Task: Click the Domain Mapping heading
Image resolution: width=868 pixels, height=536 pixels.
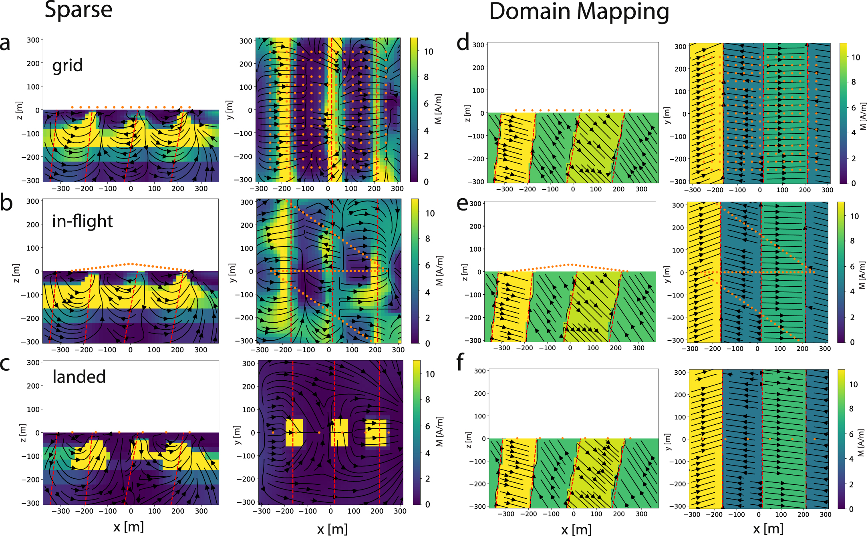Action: pyautogui.click(x=579, y=11)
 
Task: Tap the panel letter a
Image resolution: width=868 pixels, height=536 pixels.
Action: pyautogui.click(x=5, y=43)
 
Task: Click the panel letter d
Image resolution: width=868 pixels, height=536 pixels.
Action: pyautogui.click(x=463, y=42)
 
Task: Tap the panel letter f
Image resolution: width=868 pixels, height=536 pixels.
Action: pyautogui.click(x=460, y=362)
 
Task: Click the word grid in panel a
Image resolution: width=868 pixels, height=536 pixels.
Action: pyautogui.click(x=67, y=65)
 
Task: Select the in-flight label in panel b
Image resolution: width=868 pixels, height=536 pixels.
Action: pyautogui.click(x=83, y=221)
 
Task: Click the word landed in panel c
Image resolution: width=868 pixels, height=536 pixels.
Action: pyautogui.click(x=79, y=377)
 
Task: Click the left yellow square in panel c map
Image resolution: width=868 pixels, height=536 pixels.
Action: pyautogui.click(x=294, y=432)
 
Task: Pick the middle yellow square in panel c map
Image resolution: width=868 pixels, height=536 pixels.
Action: pyautogui.click(x=339, y=432)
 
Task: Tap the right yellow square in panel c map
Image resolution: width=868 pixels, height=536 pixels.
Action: pyautogui.click(x=376, y=432)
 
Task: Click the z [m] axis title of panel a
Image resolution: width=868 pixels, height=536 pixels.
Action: pyautogui.click(x=19, y=110)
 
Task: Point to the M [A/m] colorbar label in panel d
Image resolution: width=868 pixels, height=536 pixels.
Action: pyautogui.click(x=862, y=116)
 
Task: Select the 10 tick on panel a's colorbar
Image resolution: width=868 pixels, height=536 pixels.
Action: pyautogui.click(x=429, y=52)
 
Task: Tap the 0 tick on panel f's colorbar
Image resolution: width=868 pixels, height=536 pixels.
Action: pyautogui.click(x=852, y=509)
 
